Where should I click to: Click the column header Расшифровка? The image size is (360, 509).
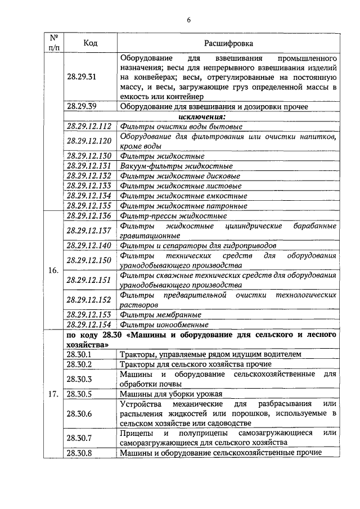click(228, 43)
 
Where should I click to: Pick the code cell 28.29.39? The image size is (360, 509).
click(82, 106)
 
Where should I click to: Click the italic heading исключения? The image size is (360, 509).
click(202, 116)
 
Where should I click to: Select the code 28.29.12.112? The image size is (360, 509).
click(89, 127)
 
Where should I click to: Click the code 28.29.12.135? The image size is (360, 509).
click(89, 206)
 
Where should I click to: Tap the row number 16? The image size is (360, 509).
click(53, 270)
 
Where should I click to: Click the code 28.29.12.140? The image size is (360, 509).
click(89, 245)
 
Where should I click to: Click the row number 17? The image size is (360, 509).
click(53, 394)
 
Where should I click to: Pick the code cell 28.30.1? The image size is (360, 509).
click(79, 354)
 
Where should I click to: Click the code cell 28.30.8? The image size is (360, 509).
click(79, 452)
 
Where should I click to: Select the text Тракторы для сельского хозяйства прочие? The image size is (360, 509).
click(196, 364)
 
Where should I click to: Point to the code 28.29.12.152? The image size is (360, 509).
click(89, 299)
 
